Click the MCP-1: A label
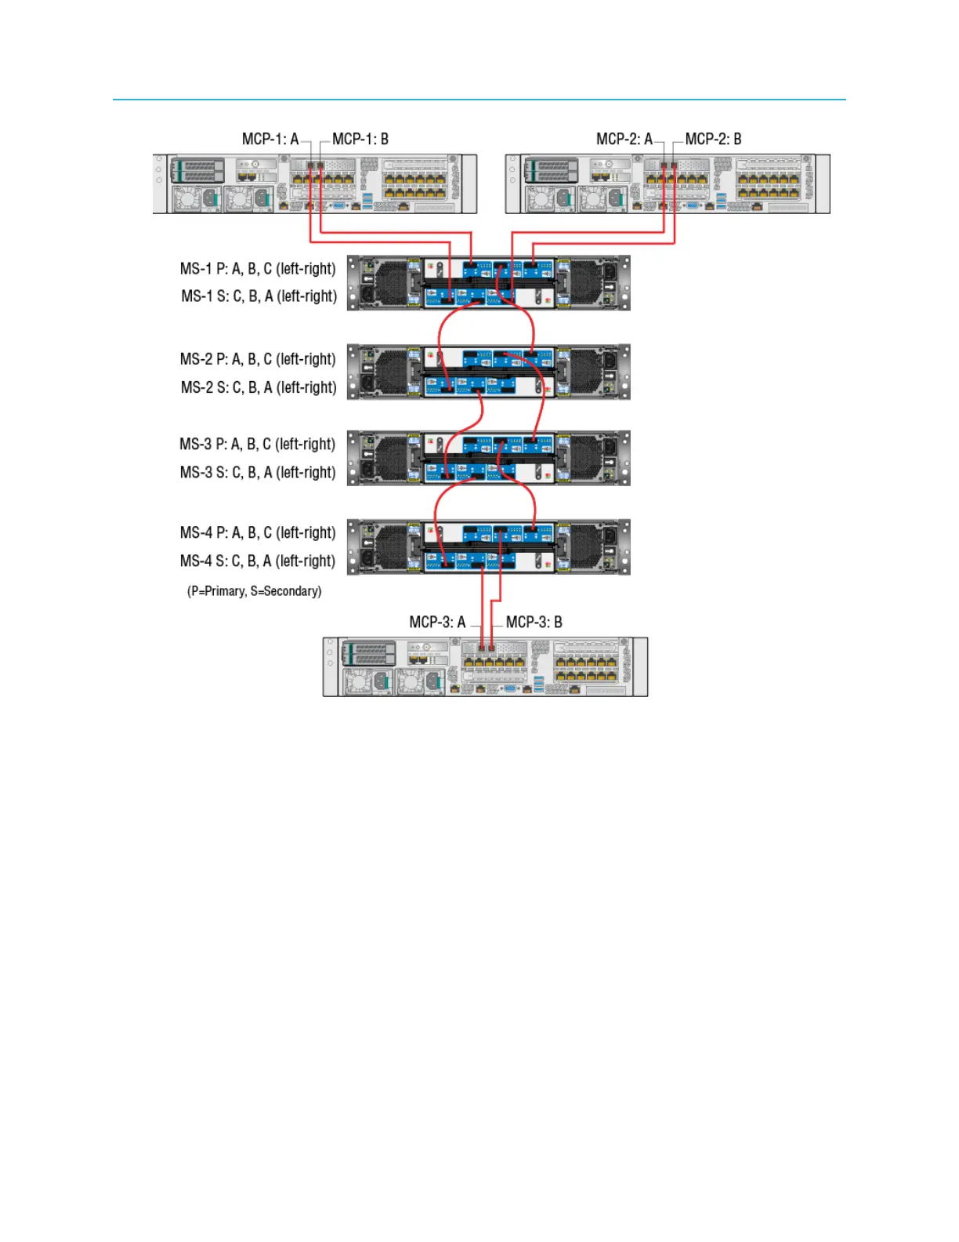pyautogui.click(x=270, y=139)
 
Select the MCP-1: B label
pyautogui.click(x=360, y=139)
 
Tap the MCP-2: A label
pyautogui.click(x=624, y=139)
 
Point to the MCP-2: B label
pyautogui.click(x=713, y=139)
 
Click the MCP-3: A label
pyautogui.click(x=437, y=622)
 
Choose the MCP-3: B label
pyautogui.click(x=534, y=622)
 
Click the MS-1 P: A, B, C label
pyautogui.click(x=258, y=269)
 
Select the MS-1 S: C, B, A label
pyautogui.click(x=259, y=296)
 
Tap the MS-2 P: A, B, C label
pyautogui.click(x=258, y=359)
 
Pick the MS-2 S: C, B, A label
pyautogui.click(x=259, y=387)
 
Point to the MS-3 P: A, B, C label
pyautogui.click(x=257, y=444)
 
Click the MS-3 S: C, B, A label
pyautogui.click(x=258, y=472)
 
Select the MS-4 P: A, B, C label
pyautogui.click(x=257, y=532)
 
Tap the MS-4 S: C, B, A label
pyautogui.click(x=258, y=561)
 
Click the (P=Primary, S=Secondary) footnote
pyautogui.click(x=254, y=590)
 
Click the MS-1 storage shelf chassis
pyautogui.click(x=489, y=282)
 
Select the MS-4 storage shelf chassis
pyautogui.click(x=489, y=547)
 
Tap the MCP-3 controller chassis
pyautogui.click(x=485, y=666)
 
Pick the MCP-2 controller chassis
pyautogui.click(x=668, y=183)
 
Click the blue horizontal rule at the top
pyautogui.click(x=479, y=100)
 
